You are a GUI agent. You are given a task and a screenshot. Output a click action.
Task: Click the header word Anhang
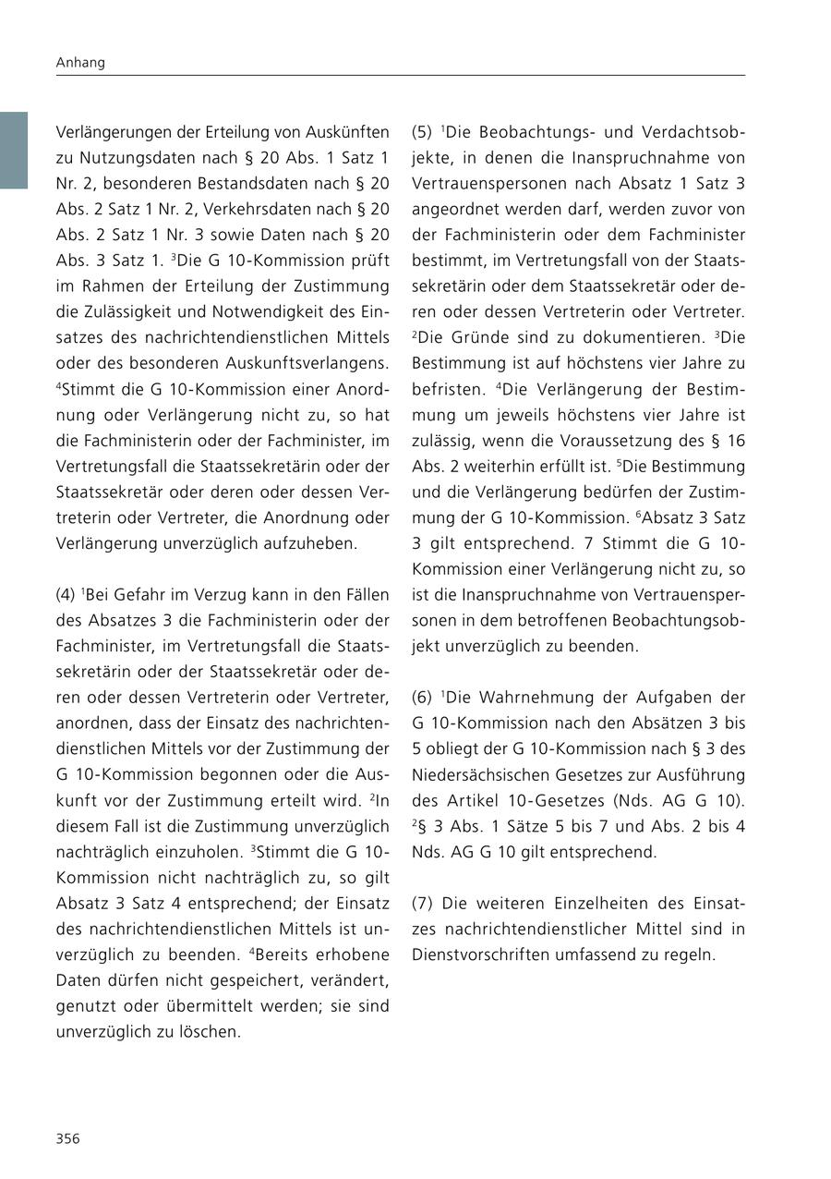[x=80, y=63]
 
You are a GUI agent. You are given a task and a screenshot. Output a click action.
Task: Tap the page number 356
[x=67, y=1138]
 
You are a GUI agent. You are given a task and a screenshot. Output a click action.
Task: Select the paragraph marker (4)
[x=66, y=594]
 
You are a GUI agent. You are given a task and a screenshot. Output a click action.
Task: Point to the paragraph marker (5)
[x=422, y=132]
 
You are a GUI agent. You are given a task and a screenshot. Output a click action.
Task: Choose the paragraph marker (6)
[x=422, y=698]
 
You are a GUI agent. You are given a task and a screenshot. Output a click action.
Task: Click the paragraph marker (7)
[x=422, y=903]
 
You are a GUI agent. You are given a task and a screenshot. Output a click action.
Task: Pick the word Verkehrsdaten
[x=282, y=209]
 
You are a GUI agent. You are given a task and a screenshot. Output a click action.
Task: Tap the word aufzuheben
[x=307, y=543]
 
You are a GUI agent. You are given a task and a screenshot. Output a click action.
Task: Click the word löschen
[x=211, y=1032]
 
